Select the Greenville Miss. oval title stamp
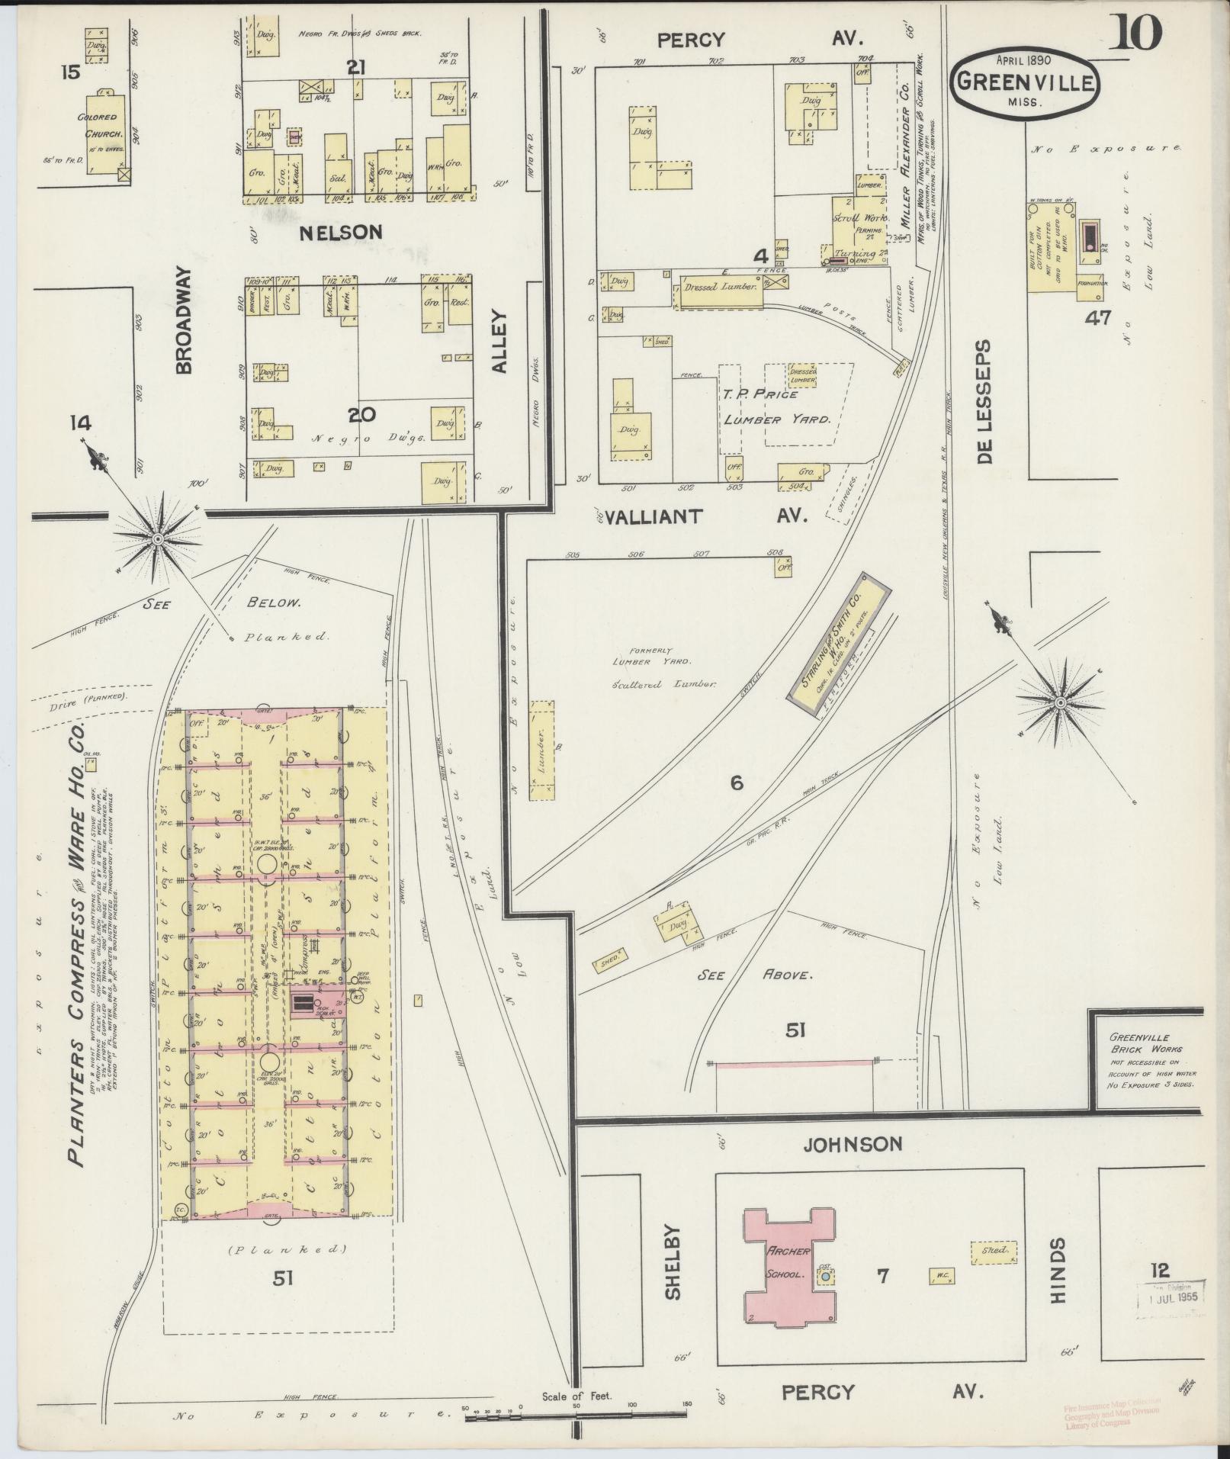tap(1025, 83)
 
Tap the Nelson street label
tap(340, 232)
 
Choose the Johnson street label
tap(851, 1144)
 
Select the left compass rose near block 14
tap(158, 539)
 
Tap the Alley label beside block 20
tap(499, 341)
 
